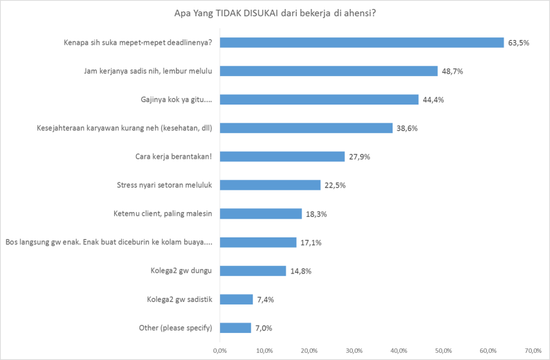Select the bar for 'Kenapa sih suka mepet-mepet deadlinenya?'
tap(361, 43)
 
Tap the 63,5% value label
tap(518, 43)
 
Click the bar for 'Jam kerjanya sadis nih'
tap(328, 71)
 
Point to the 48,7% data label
tap(452, 71)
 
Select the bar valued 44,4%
tap(319, 99)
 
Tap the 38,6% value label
tap(407, 128)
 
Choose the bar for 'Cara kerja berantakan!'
tap(282, 157)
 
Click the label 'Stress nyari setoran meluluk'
tap(164, 185)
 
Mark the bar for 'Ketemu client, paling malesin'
tap(260, 214)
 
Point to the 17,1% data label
tap(311, 243)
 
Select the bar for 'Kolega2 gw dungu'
tap(252, 271)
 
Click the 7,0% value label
tap(263, 328)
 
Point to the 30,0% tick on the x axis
tap(353, 350)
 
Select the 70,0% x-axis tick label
tap(533, 350)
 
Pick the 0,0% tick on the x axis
tap(220, 350)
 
